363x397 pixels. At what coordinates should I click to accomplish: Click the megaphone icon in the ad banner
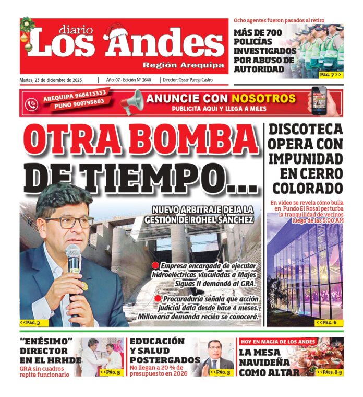coord(131,102)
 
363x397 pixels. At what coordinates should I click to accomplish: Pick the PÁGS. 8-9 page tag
coord(328,372)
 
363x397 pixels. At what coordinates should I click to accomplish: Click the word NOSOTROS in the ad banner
coord(264,98)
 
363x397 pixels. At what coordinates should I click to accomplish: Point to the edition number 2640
coord(146,80)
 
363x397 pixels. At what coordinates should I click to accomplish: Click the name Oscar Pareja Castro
coord(205,80)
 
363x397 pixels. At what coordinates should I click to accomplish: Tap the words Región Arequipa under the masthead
coord(184,65)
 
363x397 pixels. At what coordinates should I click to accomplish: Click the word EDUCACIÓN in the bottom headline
coord(157,341)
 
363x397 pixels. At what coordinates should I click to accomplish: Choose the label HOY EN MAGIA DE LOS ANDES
coord(278,341)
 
